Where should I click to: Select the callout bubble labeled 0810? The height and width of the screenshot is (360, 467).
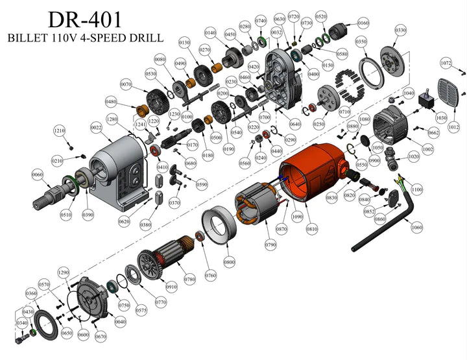pyautogui.click(x=312, y=229)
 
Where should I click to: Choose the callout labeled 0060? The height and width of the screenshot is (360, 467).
pyautogui.click(x=37, y=175)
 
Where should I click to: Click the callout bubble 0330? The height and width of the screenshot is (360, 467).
pyautogui.click(x=400, y=30)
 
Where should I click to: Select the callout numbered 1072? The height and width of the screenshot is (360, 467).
pyautogui.click(x=446, y=64)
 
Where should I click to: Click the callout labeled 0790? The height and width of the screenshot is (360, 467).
pyautogui.click(x=270, y=245)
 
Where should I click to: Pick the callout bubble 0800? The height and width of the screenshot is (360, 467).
pyautogui.click(x=229, y=263)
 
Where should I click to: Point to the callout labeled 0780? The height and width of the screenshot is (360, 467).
pyautogui.click(x=189, y=280)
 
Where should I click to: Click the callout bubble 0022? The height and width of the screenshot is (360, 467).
pyautogui.click(x=96, y=128)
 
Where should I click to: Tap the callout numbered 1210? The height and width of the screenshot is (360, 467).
pyautogui.click(x=59, y=131)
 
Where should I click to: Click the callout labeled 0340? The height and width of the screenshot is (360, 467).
pyautogui.click(x=21, y=323)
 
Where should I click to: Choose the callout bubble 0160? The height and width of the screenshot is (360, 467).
pyautogui.click(x=363, y=23)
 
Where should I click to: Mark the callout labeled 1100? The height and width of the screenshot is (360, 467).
pyautogui.click(x=416, y=189)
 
